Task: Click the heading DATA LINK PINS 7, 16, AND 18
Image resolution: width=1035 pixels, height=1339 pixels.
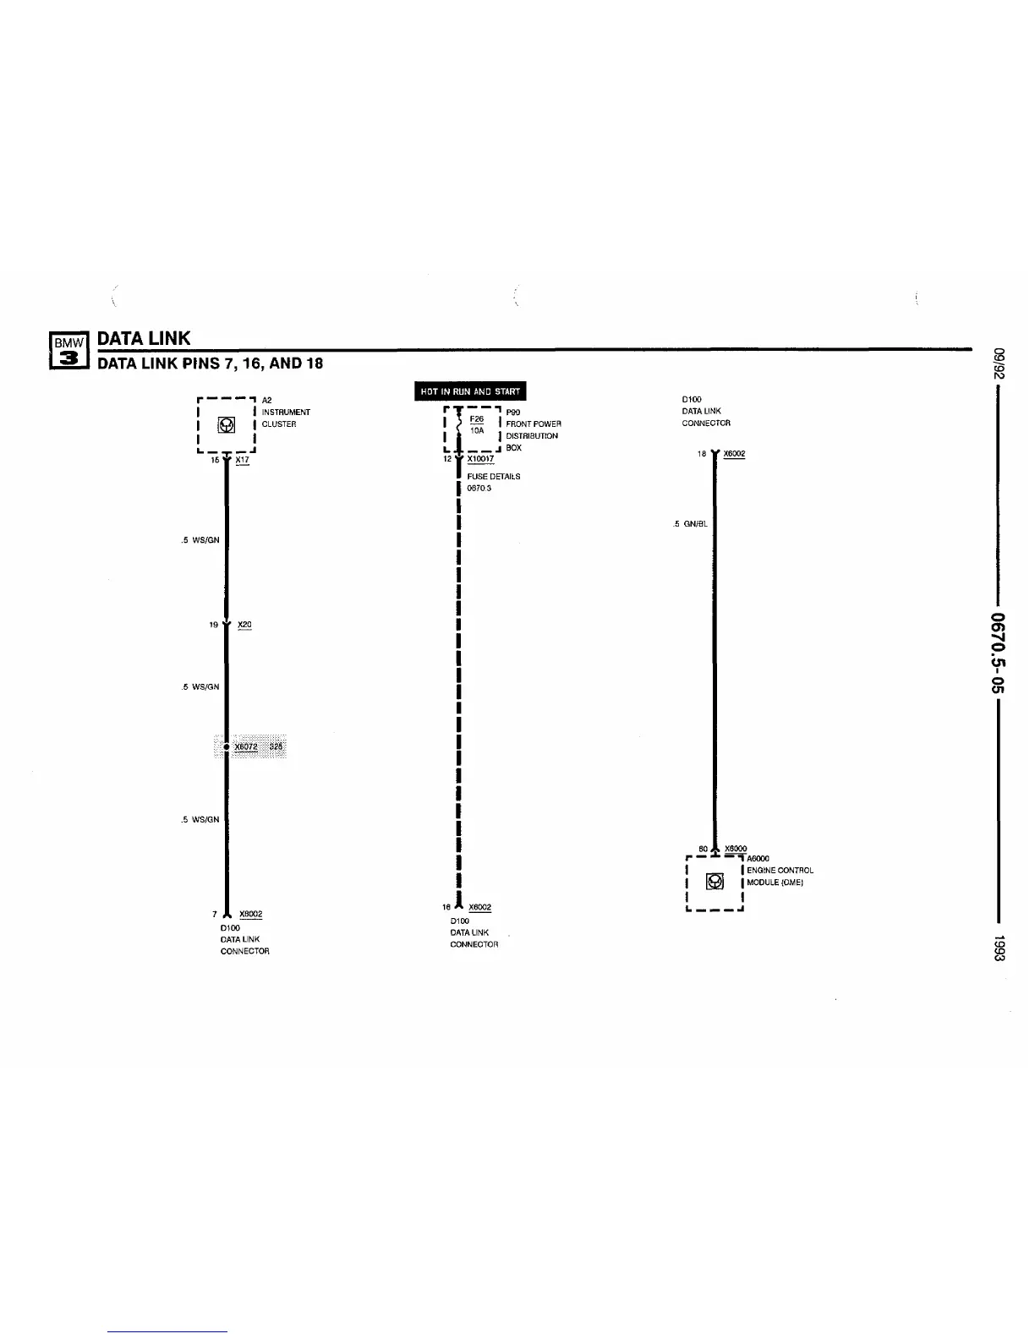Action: point(211,363)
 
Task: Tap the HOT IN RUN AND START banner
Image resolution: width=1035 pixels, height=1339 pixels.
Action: point(470,391)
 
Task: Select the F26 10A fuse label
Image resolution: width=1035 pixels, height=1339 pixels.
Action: point(477,424)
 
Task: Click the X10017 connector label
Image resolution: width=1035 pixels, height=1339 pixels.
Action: point(480,459)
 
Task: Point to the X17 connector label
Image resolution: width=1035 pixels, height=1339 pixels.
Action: point(243,460)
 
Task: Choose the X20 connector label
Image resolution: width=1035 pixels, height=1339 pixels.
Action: point(244,625)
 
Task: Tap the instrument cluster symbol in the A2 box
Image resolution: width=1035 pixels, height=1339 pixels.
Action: point(227,424)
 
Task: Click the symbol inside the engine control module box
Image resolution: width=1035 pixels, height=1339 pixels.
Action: point(715,882)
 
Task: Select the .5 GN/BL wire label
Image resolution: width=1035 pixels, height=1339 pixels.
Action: point(691,524)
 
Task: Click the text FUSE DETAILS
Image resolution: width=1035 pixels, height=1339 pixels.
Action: point(494,477)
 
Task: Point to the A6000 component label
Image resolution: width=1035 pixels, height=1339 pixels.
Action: point(758,859)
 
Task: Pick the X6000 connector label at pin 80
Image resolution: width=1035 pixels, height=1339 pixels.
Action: point(736,848)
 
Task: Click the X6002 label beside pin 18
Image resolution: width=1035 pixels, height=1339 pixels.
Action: point(734,454)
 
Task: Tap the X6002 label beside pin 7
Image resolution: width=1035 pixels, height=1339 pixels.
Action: point(251,914)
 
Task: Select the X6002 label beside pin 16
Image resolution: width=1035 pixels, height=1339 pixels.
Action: point(479,907)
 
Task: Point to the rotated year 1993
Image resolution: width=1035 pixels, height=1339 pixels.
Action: point(999,948)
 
